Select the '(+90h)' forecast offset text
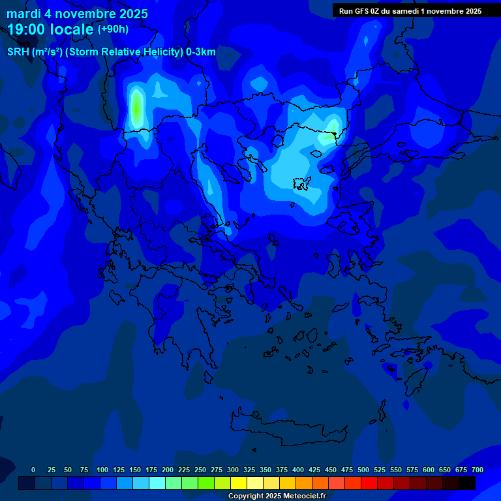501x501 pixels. [x=113, y=29]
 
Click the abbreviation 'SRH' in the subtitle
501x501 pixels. [x=18, y=52]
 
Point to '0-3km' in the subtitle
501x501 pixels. [x=201, y=52]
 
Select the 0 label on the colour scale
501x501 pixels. [x=33, y=470]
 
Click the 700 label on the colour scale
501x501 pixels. [x=477, y=470]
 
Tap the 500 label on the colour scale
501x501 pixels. [x=346, y=470]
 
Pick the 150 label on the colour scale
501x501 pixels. [x=118, y=470]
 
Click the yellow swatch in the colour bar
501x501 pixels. [x=239, y=483]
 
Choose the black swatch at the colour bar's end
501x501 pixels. [x=467, y=483]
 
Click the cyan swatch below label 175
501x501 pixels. [x=157, y=483]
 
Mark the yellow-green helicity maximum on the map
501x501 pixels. [x=136, y=108]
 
